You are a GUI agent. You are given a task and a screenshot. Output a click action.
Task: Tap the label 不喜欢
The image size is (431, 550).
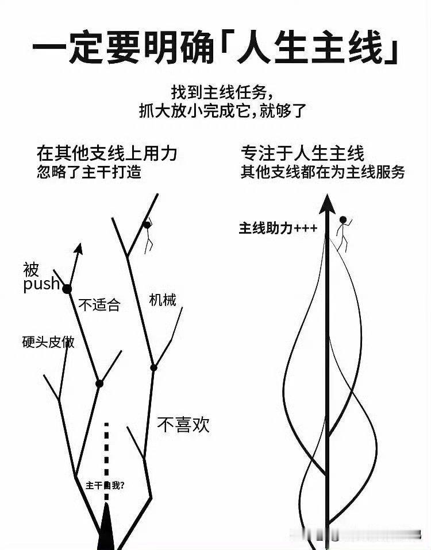coord(183,424)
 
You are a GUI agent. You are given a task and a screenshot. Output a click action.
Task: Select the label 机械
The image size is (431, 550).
coord(163,300)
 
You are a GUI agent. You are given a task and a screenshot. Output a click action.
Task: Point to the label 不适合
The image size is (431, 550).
coord(99,304)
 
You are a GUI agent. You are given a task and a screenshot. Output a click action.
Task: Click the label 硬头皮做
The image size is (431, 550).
coord(48,342)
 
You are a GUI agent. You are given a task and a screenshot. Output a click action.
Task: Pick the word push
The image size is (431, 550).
coord(41,284)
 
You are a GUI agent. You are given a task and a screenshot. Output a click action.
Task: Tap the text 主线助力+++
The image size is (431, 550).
coord(278,228)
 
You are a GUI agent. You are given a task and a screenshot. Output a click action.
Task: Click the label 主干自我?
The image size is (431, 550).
coord(105,486)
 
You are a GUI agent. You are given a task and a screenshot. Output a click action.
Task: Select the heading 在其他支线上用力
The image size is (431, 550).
coord(107,153)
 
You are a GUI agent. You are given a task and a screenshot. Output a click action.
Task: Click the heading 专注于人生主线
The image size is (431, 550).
coord(302,153)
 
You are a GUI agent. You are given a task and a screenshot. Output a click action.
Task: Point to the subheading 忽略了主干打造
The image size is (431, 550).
coord(89,172)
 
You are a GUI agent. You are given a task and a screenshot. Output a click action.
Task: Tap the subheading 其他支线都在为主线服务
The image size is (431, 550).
coord(323,172)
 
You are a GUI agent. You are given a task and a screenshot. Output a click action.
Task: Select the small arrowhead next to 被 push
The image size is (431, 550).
coord(79,249)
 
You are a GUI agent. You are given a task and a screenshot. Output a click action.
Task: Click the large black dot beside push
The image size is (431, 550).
coord(67,289)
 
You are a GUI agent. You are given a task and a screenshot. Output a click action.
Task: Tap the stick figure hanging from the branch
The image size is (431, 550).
coord(148,236)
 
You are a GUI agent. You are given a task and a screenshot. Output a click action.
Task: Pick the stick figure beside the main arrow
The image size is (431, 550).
coord(343,233)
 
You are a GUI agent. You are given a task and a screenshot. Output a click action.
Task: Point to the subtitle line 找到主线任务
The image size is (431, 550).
coord(222,92)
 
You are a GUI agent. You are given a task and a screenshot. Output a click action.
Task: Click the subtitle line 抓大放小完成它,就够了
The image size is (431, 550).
coord(222,111)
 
